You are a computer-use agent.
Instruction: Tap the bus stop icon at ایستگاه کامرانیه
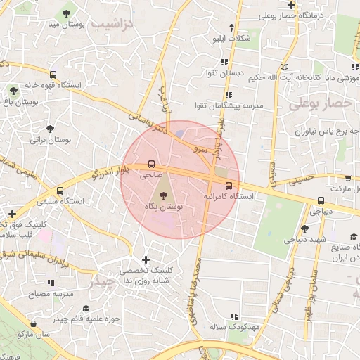coord(229,186)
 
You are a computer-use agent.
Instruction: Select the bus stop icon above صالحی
coord(152,164)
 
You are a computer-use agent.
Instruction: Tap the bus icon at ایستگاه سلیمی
coord(60,191)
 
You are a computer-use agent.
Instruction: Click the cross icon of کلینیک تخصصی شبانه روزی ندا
coord(146,259)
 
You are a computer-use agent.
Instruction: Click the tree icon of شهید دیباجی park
coord(304,228)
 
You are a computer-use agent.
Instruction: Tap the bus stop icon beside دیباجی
coord(321,200)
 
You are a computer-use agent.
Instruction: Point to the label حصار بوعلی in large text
coord(319,104)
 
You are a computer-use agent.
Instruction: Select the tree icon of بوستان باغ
coord(13,90)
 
